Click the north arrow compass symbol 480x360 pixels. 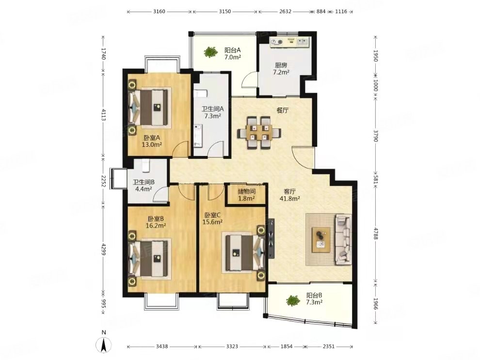tap(103, 345)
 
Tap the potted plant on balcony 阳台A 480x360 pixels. tap(209, 52)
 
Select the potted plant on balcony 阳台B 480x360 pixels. tap(293, 300)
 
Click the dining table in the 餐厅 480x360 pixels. tap(259, 133)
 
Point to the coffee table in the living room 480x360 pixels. tap(321, 240)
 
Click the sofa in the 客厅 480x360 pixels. tap(343, 239)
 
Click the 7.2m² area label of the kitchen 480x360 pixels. tap(281, 72)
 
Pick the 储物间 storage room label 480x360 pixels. tap(247, 192)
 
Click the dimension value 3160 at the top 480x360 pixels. tap(159, 12)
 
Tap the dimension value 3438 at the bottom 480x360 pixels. tap(161, 346)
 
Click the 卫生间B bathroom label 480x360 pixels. tap(144, 182)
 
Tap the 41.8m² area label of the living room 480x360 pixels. tap(289, 199)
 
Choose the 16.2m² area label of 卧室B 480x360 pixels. tap(156, 226)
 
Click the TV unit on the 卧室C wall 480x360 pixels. tap(271, 238)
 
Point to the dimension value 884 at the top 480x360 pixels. tap(321, 12)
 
